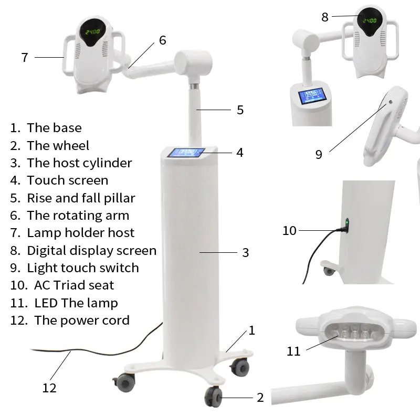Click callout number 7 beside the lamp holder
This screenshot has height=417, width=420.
click(25, 57)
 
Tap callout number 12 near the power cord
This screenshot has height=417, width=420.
click(49, 388)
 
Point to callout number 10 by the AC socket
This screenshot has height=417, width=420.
click(289, 230)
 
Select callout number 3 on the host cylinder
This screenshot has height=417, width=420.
click(245, 253)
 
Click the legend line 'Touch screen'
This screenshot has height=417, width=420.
click(67, 180)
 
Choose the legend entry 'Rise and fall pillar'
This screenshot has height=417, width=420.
click(81, 198)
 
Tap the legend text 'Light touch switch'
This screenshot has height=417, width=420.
click(82, 268)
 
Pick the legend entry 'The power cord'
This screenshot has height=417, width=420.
click(81, 320)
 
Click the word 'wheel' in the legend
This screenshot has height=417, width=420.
click(72, 145)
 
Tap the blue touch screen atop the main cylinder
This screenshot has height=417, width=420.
click(185, 153)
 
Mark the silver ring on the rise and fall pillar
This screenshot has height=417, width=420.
click(194, 86)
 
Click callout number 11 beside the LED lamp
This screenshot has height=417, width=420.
click(293, 350)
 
